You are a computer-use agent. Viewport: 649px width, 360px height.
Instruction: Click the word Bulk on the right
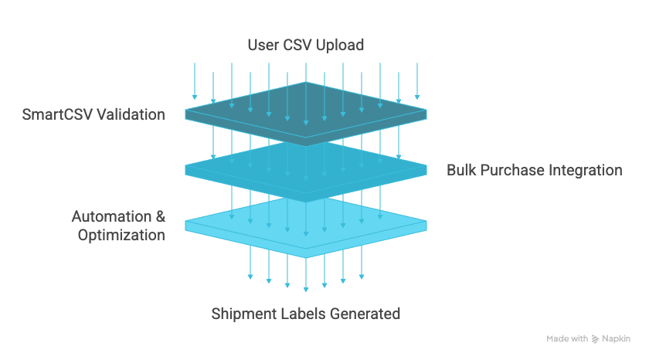[x=461, y=170]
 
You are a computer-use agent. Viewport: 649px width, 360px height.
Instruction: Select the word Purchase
[x=512, y=170]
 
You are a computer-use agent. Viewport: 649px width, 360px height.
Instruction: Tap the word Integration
[x=585, y=170]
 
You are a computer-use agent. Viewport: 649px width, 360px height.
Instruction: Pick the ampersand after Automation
[x=159, y=216]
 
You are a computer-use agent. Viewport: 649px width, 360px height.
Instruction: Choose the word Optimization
[x=121, y=235]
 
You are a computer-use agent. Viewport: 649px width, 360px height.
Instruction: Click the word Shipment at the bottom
[x=243, y=314]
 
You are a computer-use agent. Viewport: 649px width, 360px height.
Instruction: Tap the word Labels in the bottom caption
[x=302, y=314]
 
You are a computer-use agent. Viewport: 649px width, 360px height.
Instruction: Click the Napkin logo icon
[x=595, y=339]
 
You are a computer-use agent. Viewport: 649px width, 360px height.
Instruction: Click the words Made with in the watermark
[x=567, y=339]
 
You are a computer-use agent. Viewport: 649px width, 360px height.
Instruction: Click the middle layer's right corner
[x=426, y=169]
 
